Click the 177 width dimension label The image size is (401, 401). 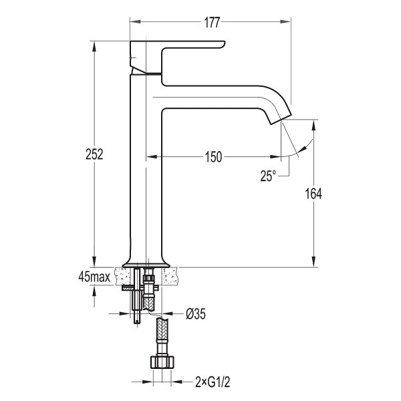(212, 23)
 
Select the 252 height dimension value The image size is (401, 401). (94, 154)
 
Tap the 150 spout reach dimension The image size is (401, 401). (214, 157)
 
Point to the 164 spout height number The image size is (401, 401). (313, 194)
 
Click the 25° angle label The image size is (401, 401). (268, 176)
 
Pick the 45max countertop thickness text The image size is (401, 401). (94, 277)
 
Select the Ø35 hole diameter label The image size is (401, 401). (196, 313)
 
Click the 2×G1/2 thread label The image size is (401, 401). (213, 382)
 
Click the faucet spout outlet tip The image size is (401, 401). (281, 120)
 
